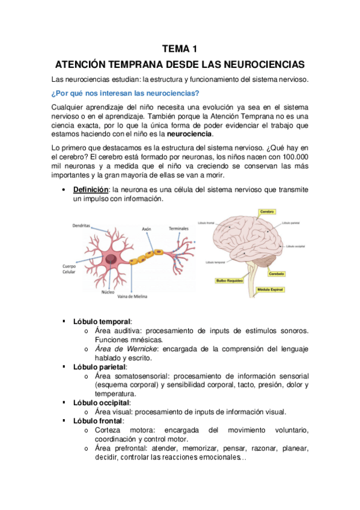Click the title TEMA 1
click(x=180, y=48)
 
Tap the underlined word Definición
click(x=90, y=189)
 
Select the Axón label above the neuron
click(x=147, y=229)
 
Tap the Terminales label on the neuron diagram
click(x=178, y=229)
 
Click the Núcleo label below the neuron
click(x=108, y=292)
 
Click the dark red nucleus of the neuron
click(x=111, y=259)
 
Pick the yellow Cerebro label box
click(x=267, y=212)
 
